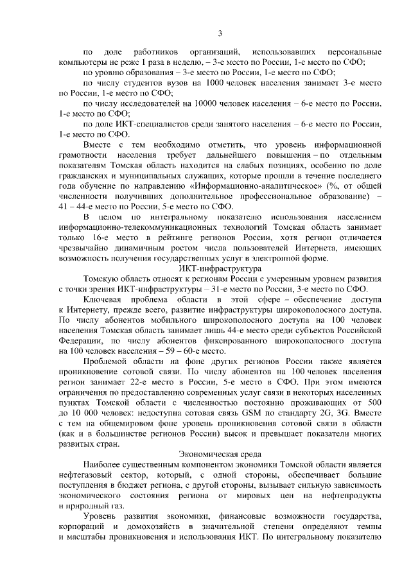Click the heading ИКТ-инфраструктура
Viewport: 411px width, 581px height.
220,268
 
